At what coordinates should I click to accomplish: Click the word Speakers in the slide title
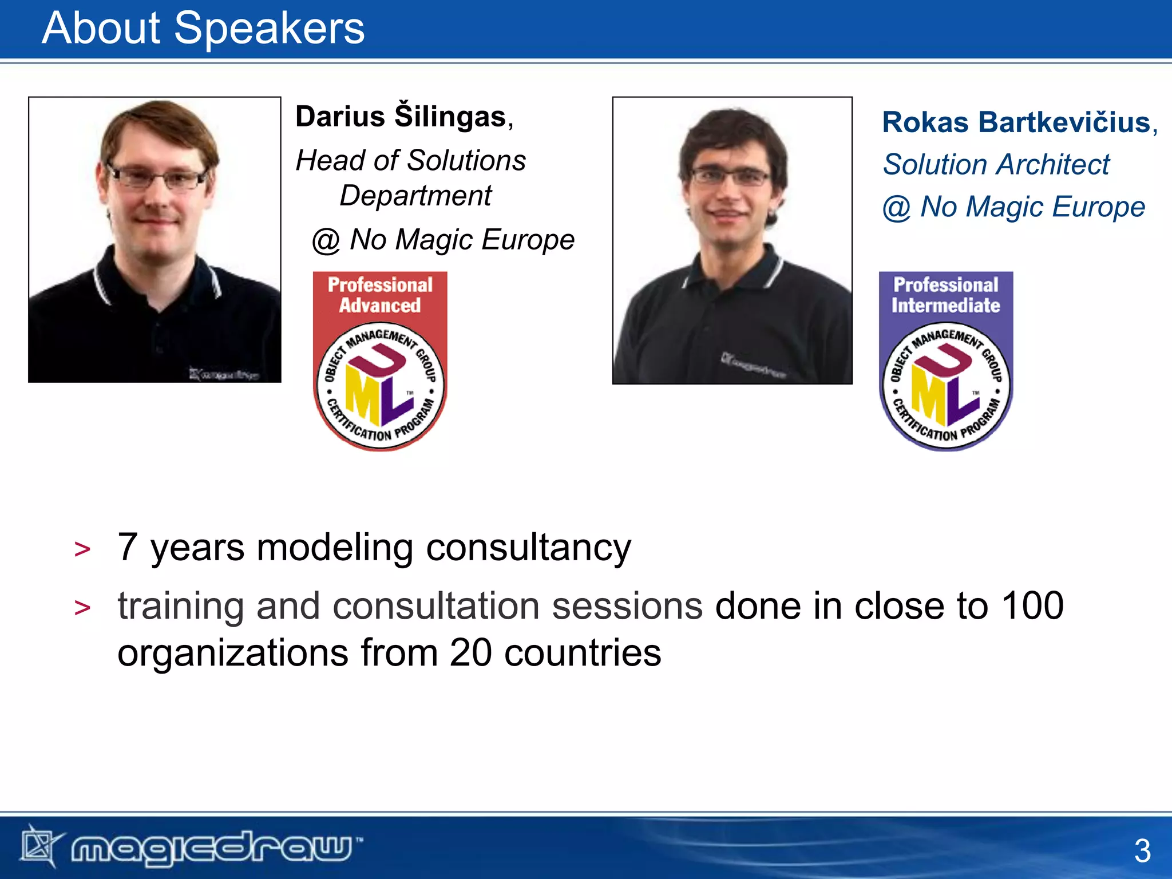(269, 29)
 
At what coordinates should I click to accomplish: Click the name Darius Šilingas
(401, 117)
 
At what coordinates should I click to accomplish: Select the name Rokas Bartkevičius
(1016, 123)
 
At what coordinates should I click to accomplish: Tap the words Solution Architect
(996, 165)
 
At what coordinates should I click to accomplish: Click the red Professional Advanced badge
(380, 361)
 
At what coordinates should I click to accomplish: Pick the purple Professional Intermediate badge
(945, 361)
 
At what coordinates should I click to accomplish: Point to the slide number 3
(1142, 851)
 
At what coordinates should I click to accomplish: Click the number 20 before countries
(470, 653)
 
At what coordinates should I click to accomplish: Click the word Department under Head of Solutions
(415, 196)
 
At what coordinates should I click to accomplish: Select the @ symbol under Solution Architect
(896, 208)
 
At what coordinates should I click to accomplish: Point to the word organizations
(233, 653)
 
